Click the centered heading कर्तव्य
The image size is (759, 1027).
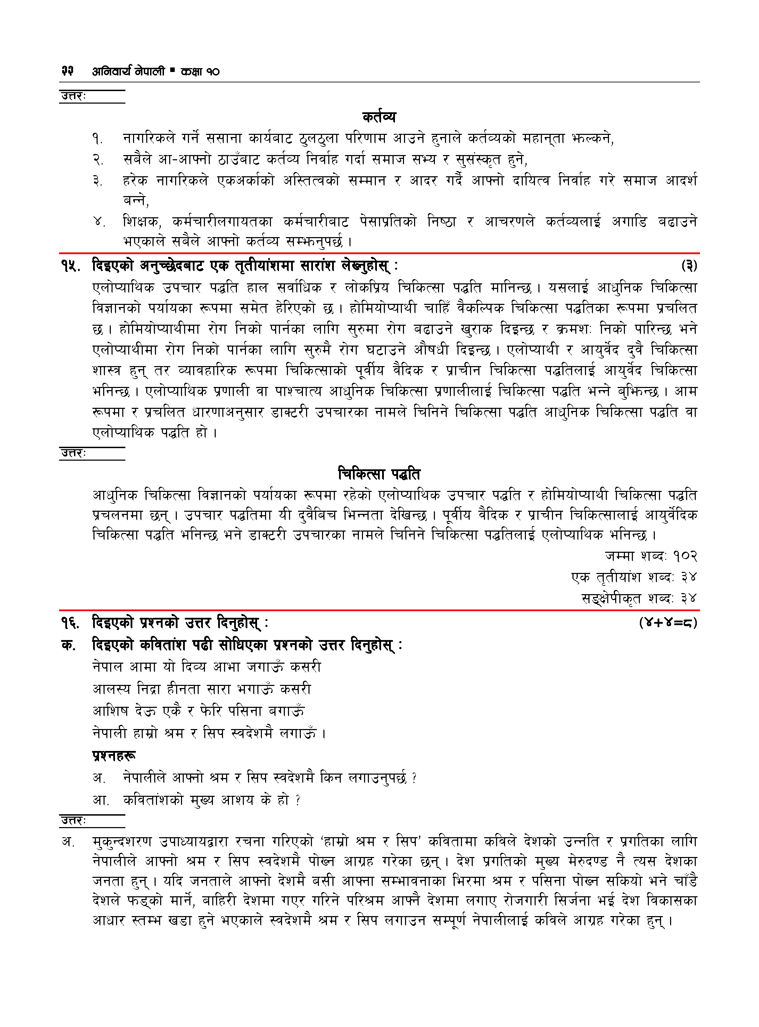(x=379, y=117)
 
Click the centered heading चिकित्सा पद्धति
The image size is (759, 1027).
(x=379, y=474)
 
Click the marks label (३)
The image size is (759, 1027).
(x=689, y=266)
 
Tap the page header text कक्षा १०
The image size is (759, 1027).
(x=200, y=71)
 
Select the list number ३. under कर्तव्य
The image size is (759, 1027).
(x=97, y=181)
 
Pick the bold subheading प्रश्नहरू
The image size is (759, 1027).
(x=114, y=755)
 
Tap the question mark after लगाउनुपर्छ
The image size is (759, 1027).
(x=414, y=778)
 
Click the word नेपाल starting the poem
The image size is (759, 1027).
(x=107, y=666)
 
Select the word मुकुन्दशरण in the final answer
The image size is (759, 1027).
(x=122, y=841)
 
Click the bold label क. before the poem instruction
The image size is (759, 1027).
(x=68, y=645)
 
